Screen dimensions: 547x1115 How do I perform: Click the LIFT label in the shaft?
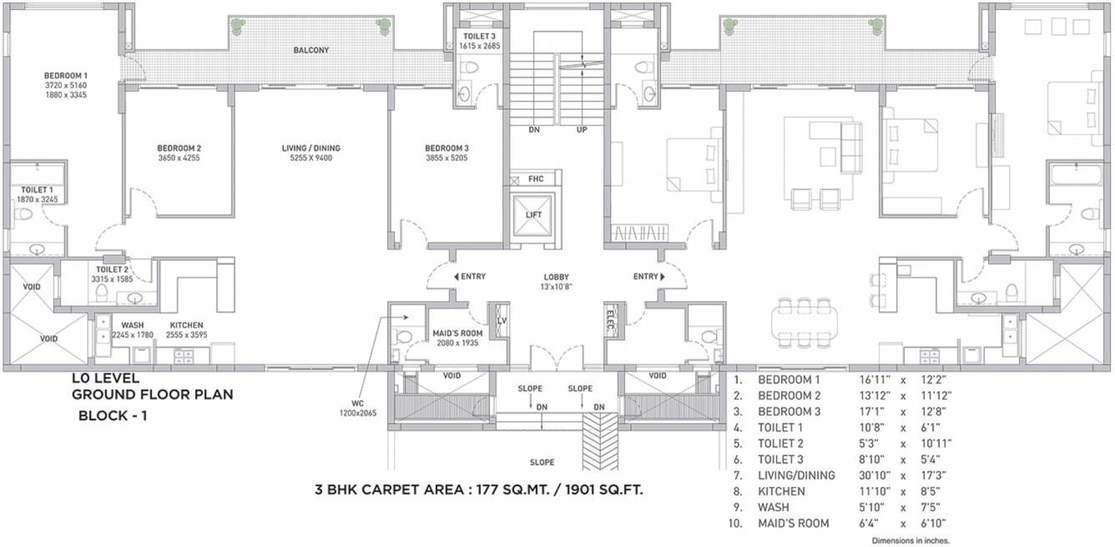click(x=533, y=215)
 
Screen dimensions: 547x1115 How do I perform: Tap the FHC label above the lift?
click(x=535, y=179)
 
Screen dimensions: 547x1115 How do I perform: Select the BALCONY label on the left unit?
click(x=310, y=50)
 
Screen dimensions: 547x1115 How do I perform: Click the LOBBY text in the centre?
click(x=556, y=277)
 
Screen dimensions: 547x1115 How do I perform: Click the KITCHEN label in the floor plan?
click(x=186, y=325)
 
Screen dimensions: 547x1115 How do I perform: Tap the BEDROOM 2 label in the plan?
click(x=179, y=148)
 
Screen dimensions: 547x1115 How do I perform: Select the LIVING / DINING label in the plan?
click(x=310, y=148)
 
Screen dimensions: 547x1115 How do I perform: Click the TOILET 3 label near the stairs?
click(x=479, y=36)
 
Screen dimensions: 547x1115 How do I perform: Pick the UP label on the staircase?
click(x=582, y=130)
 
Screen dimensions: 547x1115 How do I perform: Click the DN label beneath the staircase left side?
click(x=534, y=130)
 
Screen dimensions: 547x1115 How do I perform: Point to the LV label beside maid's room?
click(x=502, y=320)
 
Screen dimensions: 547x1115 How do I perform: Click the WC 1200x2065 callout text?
click(x=353, y=407)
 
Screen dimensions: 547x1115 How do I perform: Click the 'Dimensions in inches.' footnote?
click(x=911, y=540)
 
